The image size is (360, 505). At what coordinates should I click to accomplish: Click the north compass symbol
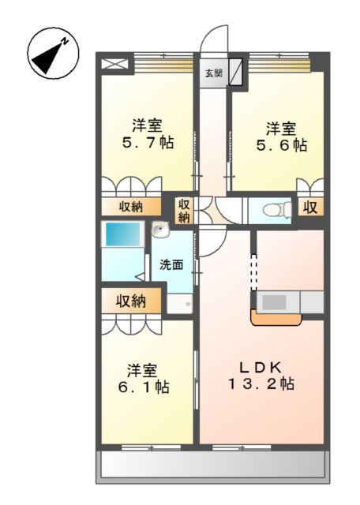coord(53,53)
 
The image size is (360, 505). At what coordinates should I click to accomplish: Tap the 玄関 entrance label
coord(214,73)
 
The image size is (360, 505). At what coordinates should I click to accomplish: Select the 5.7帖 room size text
coord(148,142)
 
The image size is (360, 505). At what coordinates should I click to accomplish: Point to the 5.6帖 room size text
coord(281,145)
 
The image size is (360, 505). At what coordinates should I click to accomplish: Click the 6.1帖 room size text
coord(144,387)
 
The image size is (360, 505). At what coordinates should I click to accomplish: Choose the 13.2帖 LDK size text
coord(261,384)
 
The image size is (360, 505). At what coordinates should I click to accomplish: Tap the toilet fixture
coord(277,211)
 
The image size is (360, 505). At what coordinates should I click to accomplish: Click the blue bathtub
coord(122,234)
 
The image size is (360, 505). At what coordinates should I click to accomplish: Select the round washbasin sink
coord(160,230)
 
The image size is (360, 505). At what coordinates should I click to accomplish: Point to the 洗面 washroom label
coord(171,265)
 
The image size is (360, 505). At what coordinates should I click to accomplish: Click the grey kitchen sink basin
coord(274,302)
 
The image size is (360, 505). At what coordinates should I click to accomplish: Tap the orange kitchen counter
coord(276,319)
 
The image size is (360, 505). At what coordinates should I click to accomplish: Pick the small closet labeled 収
coord(310,207)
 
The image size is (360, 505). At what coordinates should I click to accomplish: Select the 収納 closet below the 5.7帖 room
coord(131,207)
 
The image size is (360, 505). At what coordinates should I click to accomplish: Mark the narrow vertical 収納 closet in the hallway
coord(184,211)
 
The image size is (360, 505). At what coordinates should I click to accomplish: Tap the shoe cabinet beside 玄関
coord(236,72)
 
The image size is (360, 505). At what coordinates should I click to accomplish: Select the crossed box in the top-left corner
coord(114,63)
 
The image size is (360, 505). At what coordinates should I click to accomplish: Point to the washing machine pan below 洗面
coord(180,303)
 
